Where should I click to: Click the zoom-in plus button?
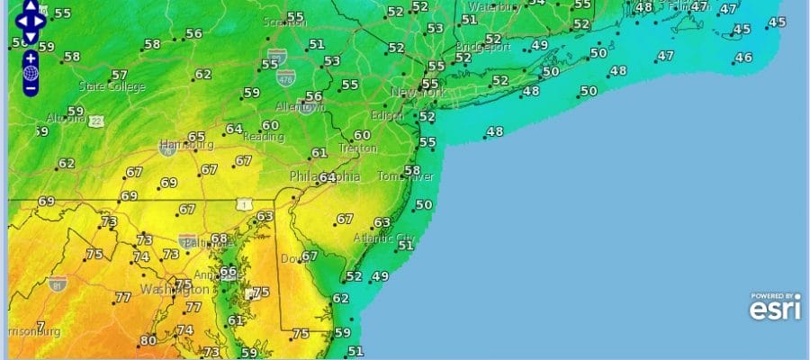point(31,58)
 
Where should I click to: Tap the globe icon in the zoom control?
point(31,73)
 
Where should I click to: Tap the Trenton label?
point(357,148)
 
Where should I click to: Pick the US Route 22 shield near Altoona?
point(96,121)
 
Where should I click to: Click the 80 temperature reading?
point(148,341)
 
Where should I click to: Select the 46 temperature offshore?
point(743,58)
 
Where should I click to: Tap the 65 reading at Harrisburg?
point(196,136)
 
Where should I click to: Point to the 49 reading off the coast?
point(380,277)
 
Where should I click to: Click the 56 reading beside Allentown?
point(313,96)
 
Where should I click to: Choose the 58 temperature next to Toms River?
point(412,171)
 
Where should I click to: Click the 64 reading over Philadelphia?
point(327,177)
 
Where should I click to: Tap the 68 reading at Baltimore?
point(219,238)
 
